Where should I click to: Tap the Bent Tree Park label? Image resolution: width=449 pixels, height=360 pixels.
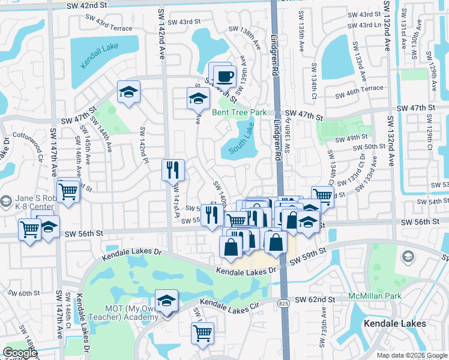pyautogui.click(x=238, y=112)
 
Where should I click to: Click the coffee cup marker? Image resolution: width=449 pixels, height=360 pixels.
pyautogui.click(x=225, y=76)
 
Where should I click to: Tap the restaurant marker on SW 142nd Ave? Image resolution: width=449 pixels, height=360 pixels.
pyautogui.click(x=172, y=170)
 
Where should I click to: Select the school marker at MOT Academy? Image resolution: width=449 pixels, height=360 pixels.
pyautogui.click(x=167, y=300)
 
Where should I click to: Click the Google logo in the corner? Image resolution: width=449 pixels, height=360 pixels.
pyautogui.click(x=20, y=353)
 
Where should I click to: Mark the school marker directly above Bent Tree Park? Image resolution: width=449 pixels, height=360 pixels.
pyautogui.click(x=197, y=97)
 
